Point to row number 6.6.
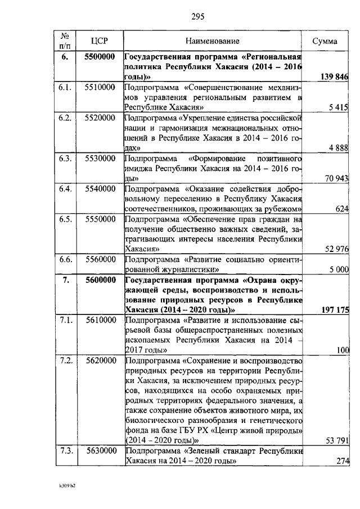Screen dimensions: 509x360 pyautogui.click(x=65, y=259)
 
